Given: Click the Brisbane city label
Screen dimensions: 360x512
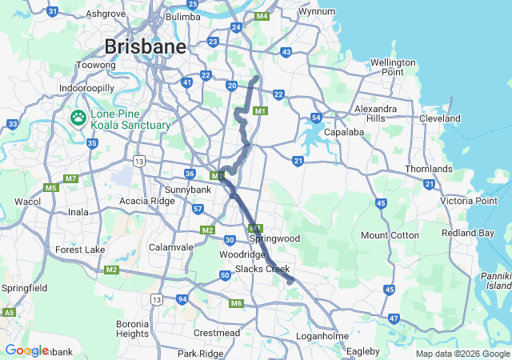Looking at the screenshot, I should click(145, 46).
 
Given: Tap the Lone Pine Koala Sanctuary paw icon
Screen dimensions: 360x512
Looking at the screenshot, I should click(78, 119).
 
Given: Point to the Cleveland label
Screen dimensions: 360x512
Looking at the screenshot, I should click(440, 118).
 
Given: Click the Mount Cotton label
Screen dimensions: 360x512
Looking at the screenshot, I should click(390, 235).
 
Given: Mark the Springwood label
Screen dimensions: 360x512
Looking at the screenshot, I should click(274, 238).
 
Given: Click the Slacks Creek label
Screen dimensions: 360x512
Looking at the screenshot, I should click(262, 268).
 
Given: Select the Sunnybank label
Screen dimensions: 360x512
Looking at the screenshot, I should click(187, 190).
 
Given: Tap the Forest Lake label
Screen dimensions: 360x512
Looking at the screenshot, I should click(80, 250).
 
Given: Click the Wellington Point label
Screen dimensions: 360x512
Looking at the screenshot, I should click(393, 67).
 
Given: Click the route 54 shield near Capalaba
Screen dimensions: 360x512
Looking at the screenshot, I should click(317, 118).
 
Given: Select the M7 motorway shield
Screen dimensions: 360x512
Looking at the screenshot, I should click(71, 178).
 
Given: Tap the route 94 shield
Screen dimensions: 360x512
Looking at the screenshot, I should click(182, 299).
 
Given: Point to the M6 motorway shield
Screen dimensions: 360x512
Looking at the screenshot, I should click(235, 303).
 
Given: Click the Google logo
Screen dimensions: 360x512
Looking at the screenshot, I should click(26, 350).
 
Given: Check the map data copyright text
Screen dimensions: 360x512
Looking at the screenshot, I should click(462, 354).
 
